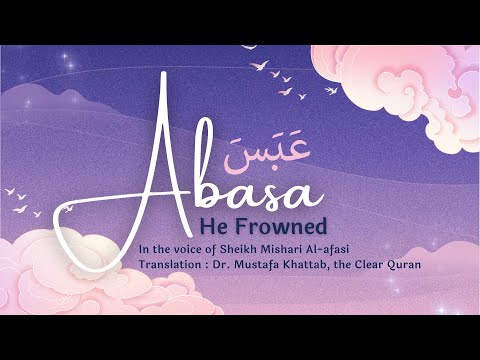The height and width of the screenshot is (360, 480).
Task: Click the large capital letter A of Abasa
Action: tap(166, 170)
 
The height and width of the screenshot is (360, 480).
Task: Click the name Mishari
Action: tap(302, 247)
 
